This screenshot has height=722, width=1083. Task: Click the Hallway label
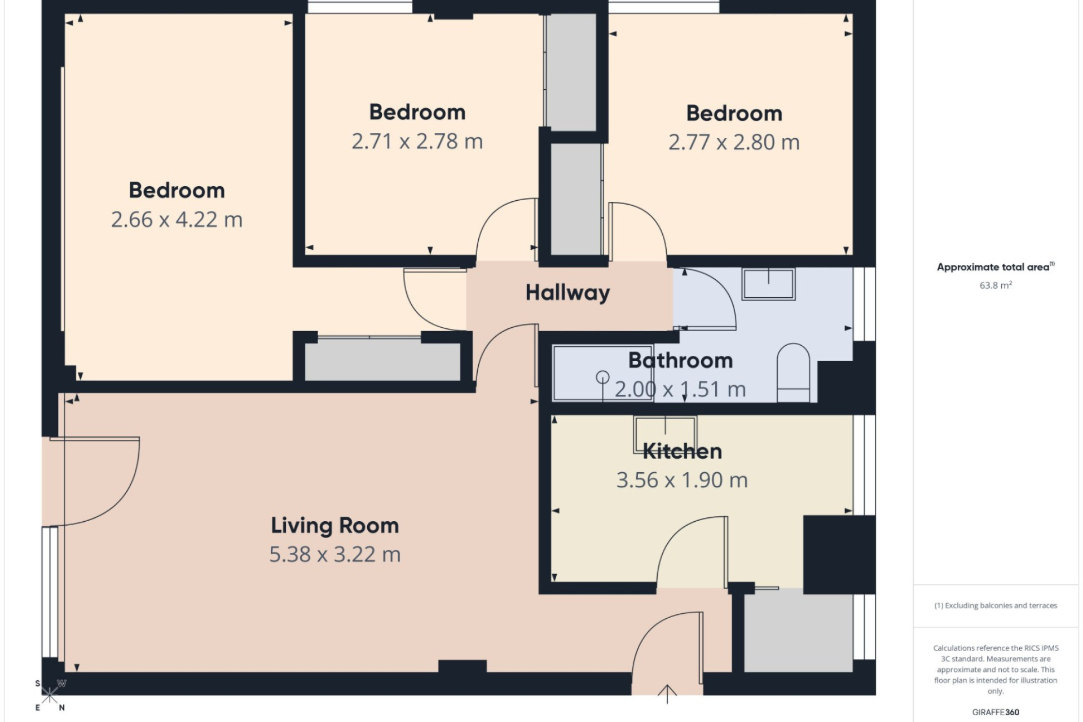(567, 293)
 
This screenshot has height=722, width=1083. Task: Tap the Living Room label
(335, 526)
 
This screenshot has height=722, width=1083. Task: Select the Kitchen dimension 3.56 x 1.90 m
(682, 480)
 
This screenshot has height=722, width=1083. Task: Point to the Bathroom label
(680, 360)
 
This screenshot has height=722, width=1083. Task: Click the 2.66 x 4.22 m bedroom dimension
(177, 219)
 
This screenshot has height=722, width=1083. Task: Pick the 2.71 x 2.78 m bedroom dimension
(417, 141)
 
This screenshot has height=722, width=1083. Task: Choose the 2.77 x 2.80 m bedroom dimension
(734, 142)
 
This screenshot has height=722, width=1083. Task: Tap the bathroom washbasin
(768, 284)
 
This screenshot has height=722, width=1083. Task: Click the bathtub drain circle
(602, 377)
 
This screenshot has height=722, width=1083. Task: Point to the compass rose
(50, 695)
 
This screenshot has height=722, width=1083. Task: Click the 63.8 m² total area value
(996, 285)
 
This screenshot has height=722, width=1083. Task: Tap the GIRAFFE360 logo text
(996, 712)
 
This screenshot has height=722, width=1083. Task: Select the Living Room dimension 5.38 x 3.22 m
(335, 554)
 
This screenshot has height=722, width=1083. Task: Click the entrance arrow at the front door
(667, 694)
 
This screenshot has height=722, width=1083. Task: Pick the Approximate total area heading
(996, 267)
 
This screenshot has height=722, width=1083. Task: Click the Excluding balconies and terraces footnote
(996, 606)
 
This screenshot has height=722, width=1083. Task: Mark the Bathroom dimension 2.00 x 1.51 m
(680, 389)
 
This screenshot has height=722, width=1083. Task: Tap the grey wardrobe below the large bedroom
(382, 359)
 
